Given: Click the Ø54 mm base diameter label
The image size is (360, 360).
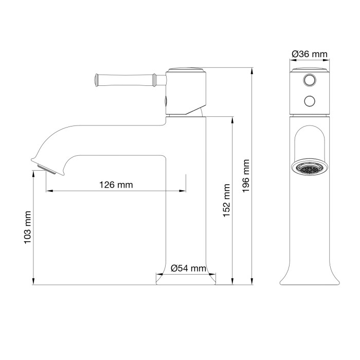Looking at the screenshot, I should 188,268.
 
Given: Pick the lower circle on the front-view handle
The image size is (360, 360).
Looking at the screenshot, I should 310,100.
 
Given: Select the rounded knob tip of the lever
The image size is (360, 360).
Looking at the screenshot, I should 96,79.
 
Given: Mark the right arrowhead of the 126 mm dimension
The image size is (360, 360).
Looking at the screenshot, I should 184,191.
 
